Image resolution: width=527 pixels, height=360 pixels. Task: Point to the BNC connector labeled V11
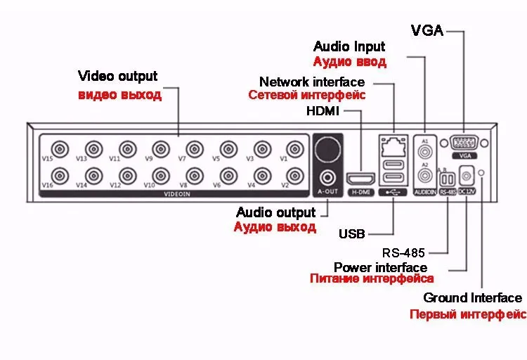point(126,149)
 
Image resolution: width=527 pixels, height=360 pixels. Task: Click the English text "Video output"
point(117,76)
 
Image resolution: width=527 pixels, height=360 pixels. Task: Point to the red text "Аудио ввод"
point(350,62)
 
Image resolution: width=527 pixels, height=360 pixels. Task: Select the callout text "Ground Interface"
point(472,298)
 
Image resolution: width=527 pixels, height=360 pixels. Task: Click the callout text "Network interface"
point(312,82)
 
